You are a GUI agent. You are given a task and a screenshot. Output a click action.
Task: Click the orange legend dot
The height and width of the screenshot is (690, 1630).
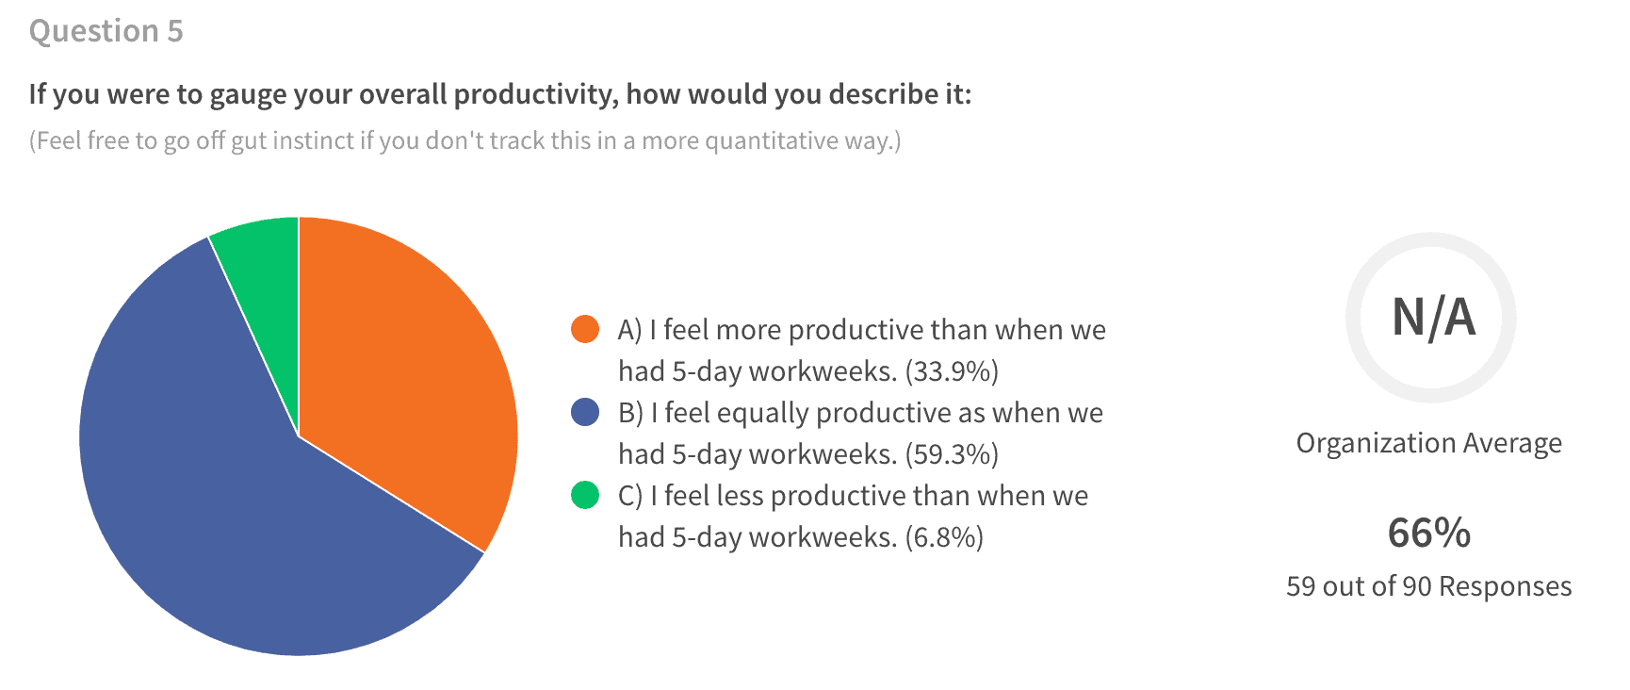click(585, 329)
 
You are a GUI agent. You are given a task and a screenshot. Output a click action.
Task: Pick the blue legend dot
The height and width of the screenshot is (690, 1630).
click(585, 412)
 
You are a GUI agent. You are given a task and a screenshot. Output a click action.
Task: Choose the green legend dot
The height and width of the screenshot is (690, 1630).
click(585, 495)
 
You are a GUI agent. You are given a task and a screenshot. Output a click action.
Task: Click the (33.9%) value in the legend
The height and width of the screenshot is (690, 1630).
click(952, 371)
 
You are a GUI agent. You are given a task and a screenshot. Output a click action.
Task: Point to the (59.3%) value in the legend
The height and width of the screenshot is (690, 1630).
click(952, 454)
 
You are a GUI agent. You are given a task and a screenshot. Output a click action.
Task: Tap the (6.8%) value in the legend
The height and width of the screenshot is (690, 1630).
click(944, 537)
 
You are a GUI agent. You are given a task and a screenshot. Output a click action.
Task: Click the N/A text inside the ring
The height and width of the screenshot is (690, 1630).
click(1433, 318)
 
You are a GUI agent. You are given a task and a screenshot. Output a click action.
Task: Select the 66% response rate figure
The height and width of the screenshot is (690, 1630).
click(1429, 534)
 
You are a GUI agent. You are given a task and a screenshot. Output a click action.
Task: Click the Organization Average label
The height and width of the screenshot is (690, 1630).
click(1429, 443)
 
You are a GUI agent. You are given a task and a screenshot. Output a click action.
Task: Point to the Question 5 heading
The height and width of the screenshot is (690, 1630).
click(106, 31)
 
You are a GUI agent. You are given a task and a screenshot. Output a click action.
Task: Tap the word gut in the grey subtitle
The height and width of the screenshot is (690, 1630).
click(249, 141)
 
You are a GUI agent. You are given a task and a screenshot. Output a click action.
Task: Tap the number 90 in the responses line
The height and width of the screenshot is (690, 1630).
click(1417, 586)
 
